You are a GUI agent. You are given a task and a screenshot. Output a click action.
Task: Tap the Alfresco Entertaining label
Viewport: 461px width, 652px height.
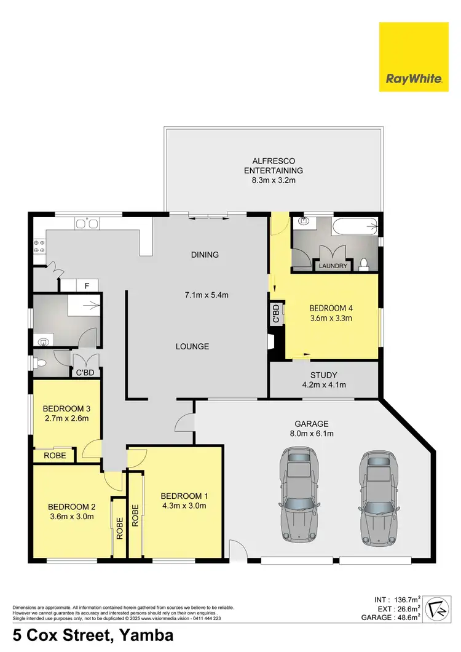tap(274, 164)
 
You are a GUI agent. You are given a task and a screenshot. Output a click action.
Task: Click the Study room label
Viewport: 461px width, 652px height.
tap(324, 374)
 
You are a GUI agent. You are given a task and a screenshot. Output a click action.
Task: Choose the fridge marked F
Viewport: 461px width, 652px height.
tap(87, 285)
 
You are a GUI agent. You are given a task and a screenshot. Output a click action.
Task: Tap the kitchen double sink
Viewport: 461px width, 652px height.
tap(87, 225)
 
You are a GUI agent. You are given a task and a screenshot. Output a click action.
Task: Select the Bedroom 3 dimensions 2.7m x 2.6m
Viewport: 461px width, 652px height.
tap(66, 419)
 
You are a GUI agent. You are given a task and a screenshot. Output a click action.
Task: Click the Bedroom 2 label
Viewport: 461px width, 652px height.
tap(71, 507)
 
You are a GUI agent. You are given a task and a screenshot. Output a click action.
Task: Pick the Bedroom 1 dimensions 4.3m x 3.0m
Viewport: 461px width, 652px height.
tap(183, 506)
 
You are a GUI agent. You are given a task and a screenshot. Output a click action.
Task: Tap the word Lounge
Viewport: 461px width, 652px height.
tap(192, 346)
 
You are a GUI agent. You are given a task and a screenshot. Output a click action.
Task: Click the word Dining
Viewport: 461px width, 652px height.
tap(205, 255)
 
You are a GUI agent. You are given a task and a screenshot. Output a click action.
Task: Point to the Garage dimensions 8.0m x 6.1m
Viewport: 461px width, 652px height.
tap(312, 434)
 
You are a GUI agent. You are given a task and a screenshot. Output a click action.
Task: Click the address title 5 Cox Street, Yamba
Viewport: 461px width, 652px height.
tap(92, 634)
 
